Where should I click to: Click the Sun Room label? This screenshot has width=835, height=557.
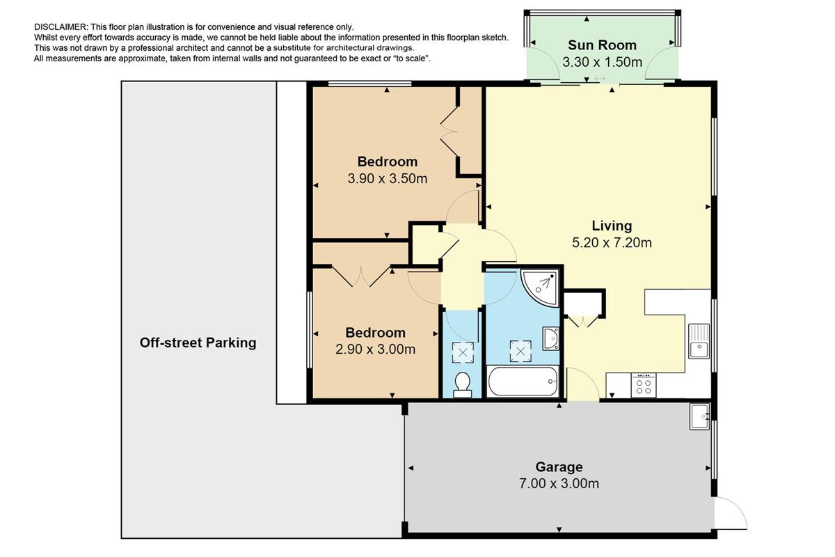pos(602,45)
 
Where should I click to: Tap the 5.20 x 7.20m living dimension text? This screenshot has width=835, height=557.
pos(612,243)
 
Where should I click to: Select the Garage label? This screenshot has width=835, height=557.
pos(559,466)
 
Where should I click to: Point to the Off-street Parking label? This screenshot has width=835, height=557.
pos(198,343)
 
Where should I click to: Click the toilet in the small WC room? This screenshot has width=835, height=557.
pos(463,384)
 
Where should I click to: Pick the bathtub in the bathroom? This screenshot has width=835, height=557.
pos(523,381)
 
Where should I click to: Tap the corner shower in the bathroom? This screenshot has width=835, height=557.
pos(540,288)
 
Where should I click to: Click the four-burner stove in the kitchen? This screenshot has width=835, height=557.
pos(644,386)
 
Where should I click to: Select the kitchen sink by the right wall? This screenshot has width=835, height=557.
pos(699,341)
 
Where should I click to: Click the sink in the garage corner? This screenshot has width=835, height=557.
pos(699,416)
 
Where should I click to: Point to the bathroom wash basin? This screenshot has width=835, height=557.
pos(550,338)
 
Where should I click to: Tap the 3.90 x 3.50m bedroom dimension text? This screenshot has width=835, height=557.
pos(388,179)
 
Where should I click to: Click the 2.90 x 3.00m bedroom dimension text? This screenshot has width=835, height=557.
pos(375,350)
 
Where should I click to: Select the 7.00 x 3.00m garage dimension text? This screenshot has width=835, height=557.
pos(559,483)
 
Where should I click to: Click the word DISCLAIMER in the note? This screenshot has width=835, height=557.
pos(61,27)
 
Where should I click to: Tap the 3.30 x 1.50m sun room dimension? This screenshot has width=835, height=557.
pos(602,62)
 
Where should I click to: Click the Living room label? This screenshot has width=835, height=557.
pos(612,226)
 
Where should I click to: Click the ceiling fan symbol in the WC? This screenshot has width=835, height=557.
pos(463,352)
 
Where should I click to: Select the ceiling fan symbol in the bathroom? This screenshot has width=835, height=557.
pos(520,351)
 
